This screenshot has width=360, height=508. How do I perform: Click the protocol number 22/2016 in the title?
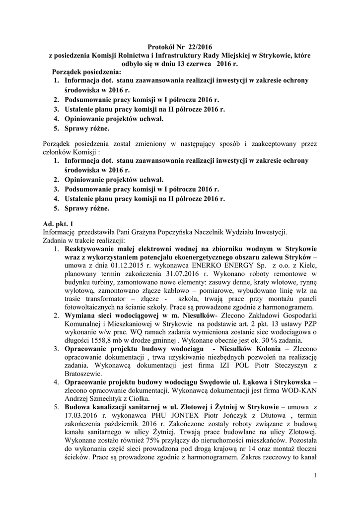point(198,47)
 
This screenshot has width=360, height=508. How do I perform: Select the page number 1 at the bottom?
point(315,476)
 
